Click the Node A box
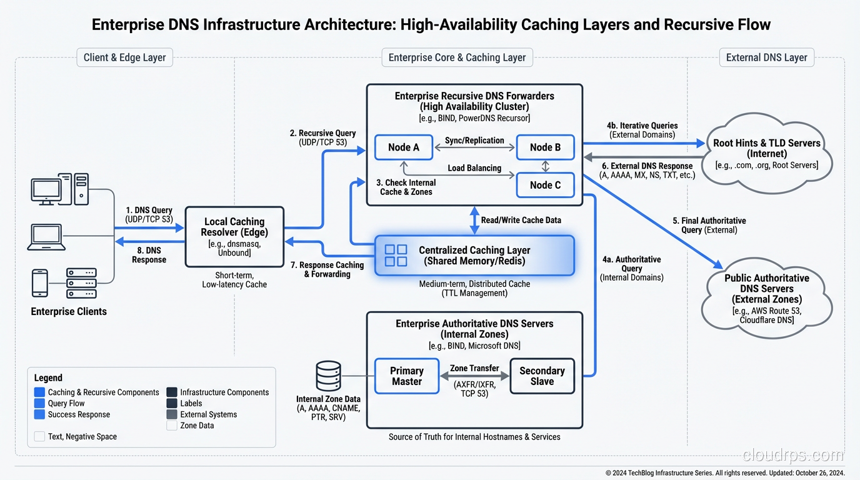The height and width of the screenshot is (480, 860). coord(403,147)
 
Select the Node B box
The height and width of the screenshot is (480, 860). coord(545,147)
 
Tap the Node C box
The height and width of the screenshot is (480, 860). coord(545,185)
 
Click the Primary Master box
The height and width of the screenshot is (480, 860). coord(406,376)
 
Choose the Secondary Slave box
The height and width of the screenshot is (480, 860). coord(542,376)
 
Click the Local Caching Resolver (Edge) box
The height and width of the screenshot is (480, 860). coord(234,236)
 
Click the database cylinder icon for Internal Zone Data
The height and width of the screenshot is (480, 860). coord(328,376)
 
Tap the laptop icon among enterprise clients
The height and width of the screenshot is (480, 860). coord(46,237)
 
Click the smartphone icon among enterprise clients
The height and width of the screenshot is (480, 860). coord(40,282)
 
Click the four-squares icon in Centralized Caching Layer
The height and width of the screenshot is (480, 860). coord(396,255)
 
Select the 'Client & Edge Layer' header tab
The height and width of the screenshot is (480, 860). coord(124,57)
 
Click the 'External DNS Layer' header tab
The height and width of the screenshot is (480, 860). coord(766,57)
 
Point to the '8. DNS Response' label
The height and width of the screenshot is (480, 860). coord(149,255)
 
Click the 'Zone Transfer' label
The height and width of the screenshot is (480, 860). coord(474,369)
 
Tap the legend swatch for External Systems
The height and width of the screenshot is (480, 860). coord(172,414)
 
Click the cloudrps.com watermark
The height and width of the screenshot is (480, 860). coord(792,454)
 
